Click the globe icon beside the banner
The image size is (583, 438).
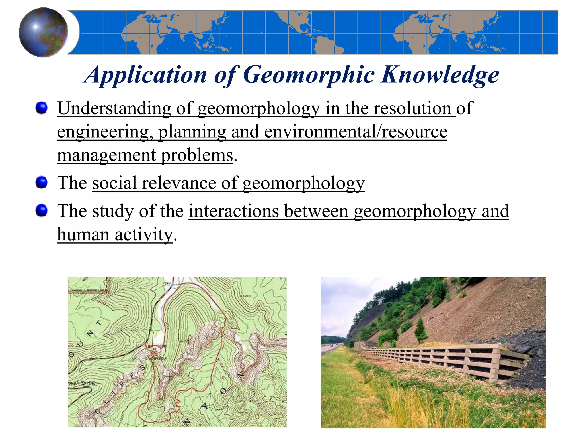click(43, 32)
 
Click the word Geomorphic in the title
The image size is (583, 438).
click(309, 75)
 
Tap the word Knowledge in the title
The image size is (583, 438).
click(440, 75)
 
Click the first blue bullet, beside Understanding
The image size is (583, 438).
click(42, 108)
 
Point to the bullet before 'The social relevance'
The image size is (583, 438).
click(42, 182)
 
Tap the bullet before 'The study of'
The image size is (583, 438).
click(42, 211)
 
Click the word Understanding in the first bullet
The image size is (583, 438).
click(114, 108)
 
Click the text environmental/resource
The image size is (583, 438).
click(356, 132)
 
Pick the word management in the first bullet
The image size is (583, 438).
click(106, 155)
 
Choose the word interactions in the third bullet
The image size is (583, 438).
click(234, 211)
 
